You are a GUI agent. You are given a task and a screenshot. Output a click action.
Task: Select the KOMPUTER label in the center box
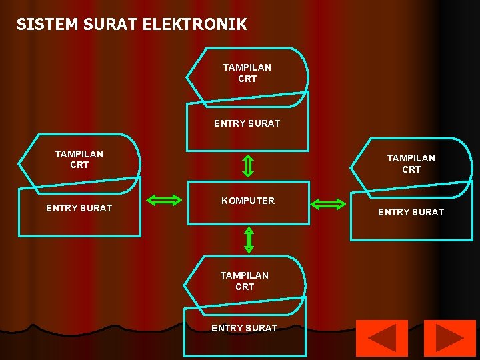click(248, 201)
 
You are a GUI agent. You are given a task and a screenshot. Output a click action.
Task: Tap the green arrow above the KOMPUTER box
click(247, 166)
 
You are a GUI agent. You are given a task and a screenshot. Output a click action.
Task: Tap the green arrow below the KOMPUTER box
click(249, 240)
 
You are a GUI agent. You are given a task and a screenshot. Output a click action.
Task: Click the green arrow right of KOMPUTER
click(329, 204)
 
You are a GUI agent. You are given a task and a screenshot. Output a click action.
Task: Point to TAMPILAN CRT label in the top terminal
click(247, 73)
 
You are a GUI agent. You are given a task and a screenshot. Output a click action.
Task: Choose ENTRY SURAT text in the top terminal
click(247, 123)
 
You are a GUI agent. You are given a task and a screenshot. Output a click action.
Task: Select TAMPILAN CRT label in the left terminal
click(79, 159)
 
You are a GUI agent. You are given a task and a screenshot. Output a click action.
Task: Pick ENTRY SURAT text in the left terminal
click(79, 208)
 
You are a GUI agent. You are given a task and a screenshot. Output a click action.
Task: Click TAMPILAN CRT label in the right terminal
click(411, 163)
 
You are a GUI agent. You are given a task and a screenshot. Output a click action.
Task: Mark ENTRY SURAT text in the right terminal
click(411, 212)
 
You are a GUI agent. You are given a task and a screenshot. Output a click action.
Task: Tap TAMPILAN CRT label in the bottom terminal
click(245, 281)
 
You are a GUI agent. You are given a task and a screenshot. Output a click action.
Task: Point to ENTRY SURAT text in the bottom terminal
click(244, 328)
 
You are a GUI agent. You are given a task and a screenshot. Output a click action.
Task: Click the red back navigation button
click(381, 338)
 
